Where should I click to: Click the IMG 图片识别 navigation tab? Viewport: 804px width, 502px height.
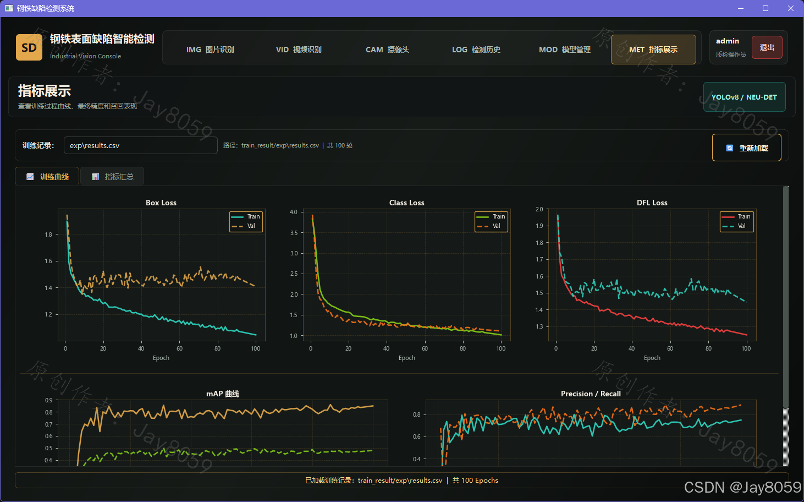coord(210,50)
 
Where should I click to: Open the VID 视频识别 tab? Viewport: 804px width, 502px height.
coord(299,50)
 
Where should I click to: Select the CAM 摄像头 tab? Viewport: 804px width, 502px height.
coord(387,50)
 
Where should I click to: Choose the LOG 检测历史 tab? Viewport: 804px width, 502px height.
coord(476,50)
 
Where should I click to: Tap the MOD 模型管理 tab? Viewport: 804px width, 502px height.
coord(565,50)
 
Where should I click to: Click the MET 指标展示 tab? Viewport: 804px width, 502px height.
coord(653,50)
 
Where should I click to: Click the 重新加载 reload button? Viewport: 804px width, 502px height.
coord(747,148)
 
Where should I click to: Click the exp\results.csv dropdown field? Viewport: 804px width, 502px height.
coord(140,145)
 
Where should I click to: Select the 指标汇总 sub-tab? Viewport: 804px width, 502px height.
coord(112,177)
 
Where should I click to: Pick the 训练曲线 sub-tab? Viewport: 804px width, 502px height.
coord(47,177)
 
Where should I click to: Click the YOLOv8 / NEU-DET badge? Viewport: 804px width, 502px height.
coord(745,97)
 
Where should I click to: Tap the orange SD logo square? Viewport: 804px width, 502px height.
coord(29,47)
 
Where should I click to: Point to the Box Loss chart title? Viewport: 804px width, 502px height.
coord(161,203)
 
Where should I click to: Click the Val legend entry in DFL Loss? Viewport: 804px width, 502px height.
coord(737,226)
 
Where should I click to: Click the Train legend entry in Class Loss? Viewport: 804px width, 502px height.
coord(491,216)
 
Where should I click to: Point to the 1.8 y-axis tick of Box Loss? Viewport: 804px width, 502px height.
coord(48,234)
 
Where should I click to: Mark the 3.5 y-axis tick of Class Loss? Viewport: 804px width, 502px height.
coord(294,233)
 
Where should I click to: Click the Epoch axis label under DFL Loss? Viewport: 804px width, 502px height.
coord(652,358)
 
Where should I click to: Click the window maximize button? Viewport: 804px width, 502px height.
coord(766,8)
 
